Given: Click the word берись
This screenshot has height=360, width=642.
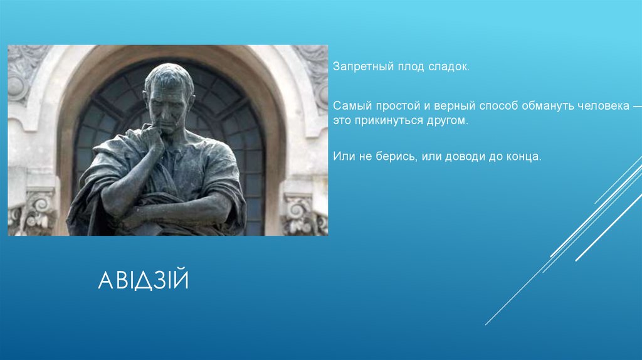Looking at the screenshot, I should (390, 154).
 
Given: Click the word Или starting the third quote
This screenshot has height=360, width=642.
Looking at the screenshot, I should (342, 154).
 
